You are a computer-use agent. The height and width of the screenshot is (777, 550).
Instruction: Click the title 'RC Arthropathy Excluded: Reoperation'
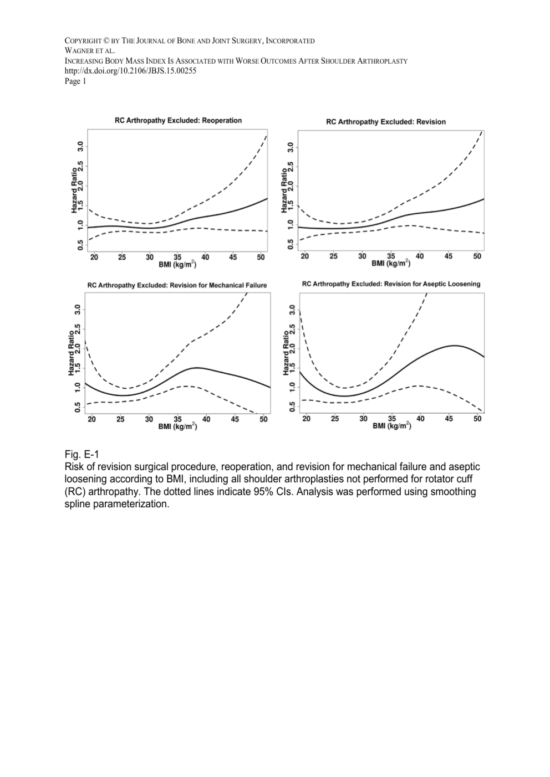pos(178,120)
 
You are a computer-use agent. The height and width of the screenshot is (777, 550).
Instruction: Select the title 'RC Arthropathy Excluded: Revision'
pos(386,122)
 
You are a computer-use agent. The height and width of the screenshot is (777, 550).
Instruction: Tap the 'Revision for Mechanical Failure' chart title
pos(177,285)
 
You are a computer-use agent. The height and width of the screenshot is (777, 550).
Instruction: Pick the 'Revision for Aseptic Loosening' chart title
pos(391,284)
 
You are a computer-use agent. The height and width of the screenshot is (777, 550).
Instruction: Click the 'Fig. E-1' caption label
pos(81,455)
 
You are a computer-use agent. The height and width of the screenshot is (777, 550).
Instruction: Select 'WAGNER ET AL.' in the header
pos(90,51)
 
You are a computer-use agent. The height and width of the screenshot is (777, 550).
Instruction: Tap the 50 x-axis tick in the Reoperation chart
pos(261,258)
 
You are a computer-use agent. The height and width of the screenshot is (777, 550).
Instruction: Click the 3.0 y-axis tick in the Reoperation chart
pos(81,147)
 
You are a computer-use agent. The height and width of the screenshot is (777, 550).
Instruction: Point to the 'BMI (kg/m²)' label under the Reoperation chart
pos(178,265)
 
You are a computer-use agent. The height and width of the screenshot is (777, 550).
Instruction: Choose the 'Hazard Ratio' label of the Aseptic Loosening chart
pos(286,353)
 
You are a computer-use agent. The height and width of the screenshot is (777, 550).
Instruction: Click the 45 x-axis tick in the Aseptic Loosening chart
pos(449,419)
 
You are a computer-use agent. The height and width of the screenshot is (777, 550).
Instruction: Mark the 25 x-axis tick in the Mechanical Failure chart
pos(120,419)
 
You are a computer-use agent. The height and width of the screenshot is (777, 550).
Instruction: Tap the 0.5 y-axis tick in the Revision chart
pos(291,244)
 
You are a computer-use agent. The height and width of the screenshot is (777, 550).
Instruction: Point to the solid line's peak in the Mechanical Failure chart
pos(197,368)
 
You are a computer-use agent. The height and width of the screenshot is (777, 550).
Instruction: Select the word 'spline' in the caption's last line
pos(79,505)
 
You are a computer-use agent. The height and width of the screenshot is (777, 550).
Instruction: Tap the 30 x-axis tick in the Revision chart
pos(362,256)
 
